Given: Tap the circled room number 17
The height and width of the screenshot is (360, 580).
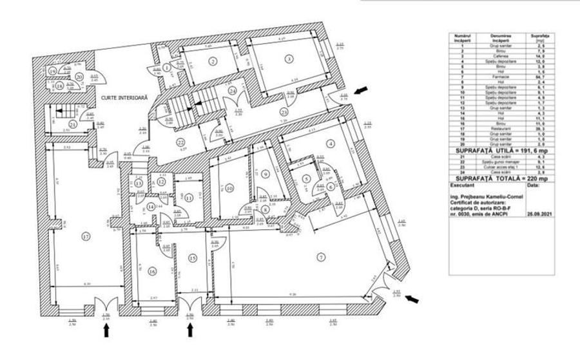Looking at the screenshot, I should [85, 236].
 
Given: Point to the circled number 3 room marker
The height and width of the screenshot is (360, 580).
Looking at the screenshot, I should [289, 59].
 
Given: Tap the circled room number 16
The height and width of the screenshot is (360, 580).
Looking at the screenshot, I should [151, 271].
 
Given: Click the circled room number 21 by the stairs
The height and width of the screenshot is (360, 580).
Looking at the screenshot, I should [73, 124].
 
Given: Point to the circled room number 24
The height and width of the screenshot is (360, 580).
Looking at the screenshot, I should [231, 90].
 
